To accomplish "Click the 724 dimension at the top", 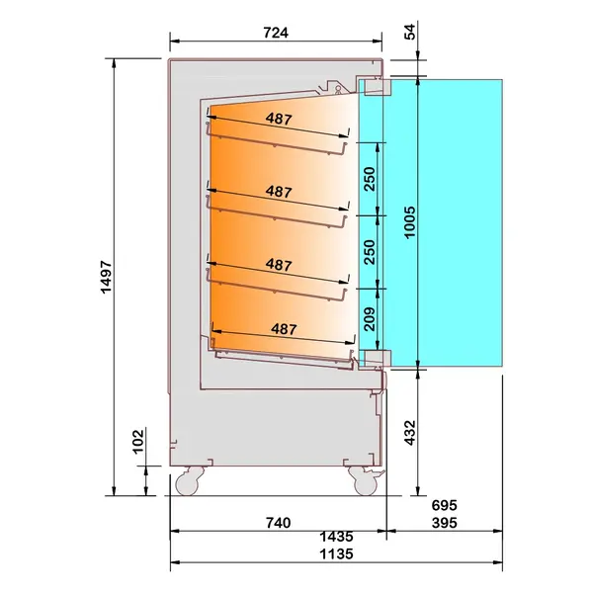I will [276, 33].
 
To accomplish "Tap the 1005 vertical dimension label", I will [408, 221].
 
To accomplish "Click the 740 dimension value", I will [276, 522].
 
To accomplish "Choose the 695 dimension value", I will [445, 505].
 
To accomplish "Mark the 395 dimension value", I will [445, 522].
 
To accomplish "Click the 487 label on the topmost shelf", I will [280, 118].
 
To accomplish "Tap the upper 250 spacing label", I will [369, 179].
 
